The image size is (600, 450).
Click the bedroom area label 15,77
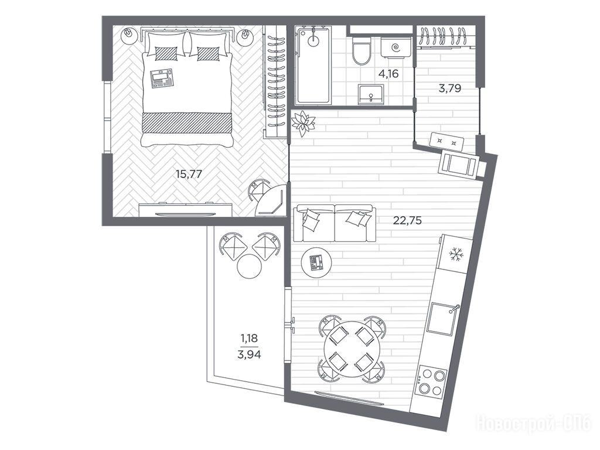(x=188, y=174)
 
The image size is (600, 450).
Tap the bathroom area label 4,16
(x=388, y=73)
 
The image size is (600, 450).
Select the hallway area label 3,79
(x=449, y=89)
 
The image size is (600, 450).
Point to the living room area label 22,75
(x=408, y=220)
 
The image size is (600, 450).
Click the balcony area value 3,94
(x=249, y=354)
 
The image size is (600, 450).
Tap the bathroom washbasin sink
(x=371, y=94)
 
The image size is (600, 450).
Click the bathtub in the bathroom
(x=313, y=65)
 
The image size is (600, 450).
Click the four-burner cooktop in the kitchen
(x=432, y=380)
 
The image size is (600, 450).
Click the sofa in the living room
(x=335, y=223)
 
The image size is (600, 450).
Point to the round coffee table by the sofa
(x=316, y=262)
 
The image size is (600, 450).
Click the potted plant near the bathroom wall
(x=303, y=123)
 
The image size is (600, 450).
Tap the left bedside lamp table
(x=129, y=36)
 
